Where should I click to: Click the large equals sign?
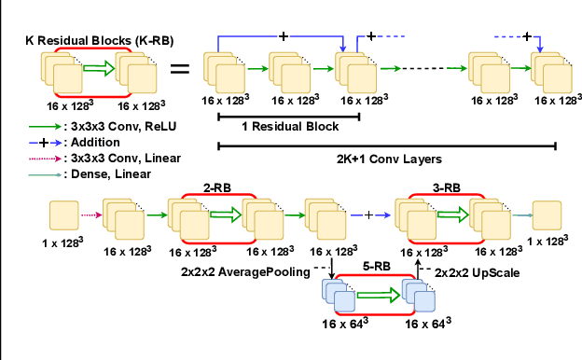(183, 68)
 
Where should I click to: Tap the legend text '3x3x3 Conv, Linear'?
(122, 158)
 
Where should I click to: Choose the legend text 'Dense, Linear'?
(108, 173)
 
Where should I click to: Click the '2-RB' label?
(217, 187)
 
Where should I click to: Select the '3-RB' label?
(445, 187)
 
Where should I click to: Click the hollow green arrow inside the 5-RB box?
(377, 296)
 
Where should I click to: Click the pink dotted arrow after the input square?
(90, 215)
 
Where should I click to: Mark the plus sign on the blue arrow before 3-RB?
(369, 215)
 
